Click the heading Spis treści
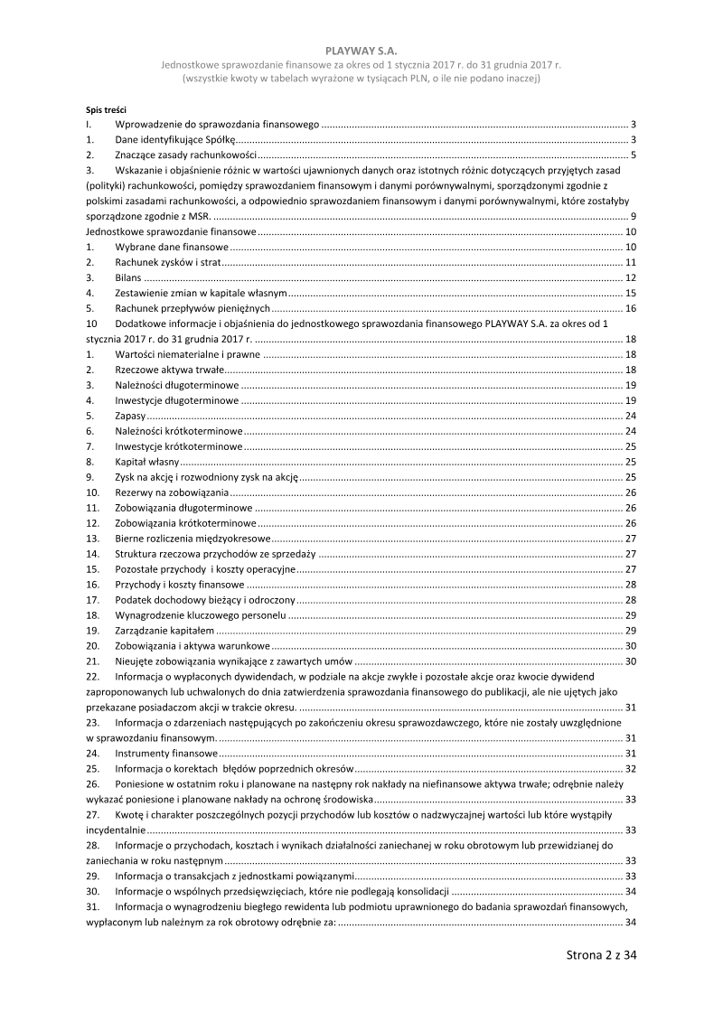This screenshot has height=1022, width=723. coord(106,108)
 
